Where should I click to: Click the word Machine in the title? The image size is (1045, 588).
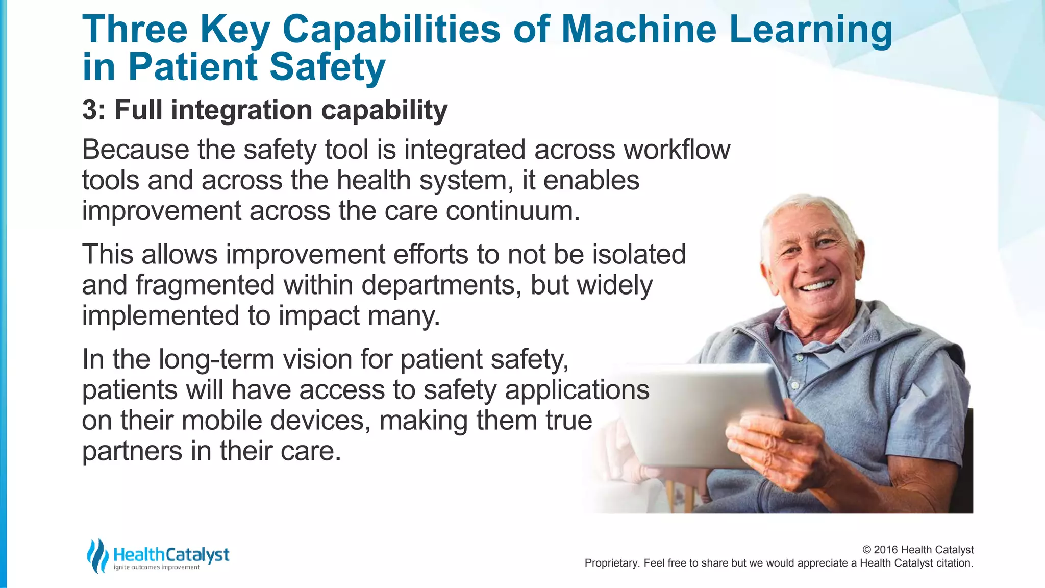[x=638, y=29]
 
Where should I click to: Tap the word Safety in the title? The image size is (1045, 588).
[x=327, y=67]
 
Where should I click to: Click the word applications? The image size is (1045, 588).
[x=577, y=390]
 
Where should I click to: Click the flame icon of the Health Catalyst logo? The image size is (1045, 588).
[x=97, y=555]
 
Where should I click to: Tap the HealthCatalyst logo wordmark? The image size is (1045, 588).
[x=171, y=555]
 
